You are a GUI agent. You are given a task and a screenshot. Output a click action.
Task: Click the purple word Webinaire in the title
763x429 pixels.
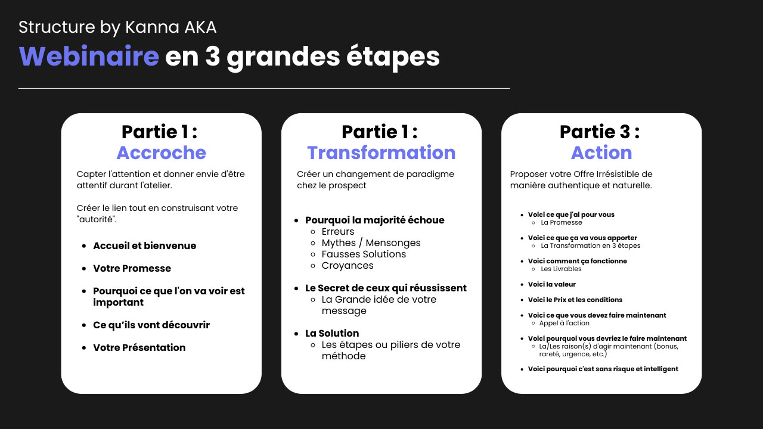pyautogui.click(x=89, y=56)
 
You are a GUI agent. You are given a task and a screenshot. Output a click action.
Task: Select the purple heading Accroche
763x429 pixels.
pyautogui.click(x=162, y=153)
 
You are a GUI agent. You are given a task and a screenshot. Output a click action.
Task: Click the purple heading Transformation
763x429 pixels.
pyautogui.click(x=381, y=153)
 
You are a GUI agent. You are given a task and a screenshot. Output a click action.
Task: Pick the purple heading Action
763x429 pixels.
pyautogui.click(x=601, y=153)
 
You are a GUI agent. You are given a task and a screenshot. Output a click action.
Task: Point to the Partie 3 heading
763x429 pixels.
pyautogui.click(x=600, y=132)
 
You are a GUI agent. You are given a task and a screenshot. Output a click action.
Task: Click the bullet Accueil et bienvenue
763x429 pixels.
pyautogui.click(x=144, y=245)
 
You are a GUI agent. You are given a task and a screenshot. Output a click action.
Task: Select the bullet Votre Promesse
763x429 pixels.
pyautogui.click(x=132, y=268)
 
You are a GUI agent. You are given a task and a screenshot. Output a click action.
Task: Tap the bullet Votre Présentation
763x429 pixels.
pyautogui.click(x=139, y=347)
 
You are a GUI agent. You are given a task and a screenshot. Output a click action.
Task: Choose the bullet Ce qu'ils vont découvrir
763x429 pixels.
pyautogui.click(x=151, y=325)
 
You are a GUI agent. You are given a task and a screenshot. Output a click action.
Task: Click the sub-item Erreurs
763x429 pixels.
pyautogui.click(x=338, y=232)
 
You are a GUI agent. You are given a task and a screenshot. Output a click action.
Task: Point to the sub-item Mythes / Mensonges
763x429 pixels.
pyautogui.click(x=371, y=243)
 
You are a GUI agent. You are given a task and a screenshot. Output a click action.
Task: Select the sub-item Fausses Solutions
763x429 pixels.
pyautogui.click(x=364, y=254)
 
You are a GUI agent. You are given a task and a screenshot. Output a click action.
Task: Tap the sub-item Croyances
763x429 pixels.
pyautogui.click(x=348, y=266)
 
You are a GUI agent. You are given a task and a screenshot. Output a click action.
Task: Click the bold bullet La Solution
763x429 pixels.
pyautogui.click(x=332, y=333)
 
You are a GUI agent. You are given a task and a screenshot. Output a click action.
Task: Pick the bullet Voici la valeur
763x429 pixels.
pyautogui.click(x=552, y=284)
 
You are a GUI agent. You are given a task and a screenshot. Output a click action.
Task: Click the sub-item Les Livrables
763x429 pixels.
pyautogui.click(x=561, y=269)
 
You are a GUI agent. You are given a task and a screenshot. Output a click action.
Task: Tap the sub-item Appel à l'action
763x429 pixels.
pyautogui.click(x=564, y=323)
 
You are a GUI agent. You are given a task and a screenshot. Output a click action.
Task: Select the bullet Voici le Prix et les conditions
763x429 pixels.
pyautogui.click(x=575, y=300)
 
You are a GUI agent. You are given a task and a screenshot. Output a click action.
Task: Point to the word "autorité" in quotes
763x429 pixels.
pyautogui.click(x=97, y=219)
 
